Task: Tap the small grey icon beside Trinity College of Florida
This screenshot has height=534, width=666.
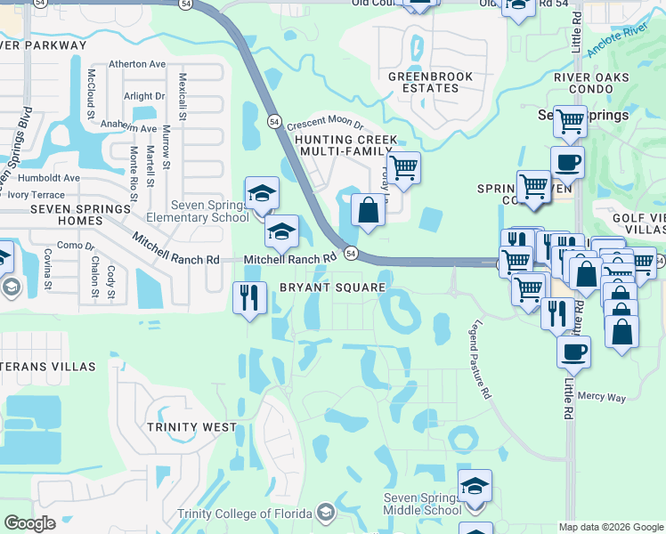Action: (327, 512)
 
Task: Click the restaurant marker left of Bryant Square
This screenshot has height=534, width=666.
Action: (250, 296)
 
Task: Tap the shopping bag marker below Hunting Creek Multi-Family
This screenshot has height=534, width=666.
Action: (367, 211)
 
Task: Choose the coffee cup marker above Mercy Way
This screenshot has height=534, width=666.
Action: (574, 351)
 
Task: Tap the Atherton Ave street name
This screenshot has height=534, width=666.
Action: (137, 64)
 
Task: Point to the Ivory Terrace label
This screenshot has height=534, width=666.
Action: (36, 194)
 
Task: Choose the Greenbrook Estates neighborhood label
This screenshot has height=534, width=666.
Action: (423, 83)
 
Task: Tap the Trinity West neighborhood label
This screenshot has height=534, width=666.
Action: (192, 427)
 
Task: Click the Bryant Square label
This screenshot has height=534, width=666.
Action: (332, 287)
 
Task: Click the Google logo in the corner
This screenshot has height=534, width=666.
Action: (29, 523)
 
